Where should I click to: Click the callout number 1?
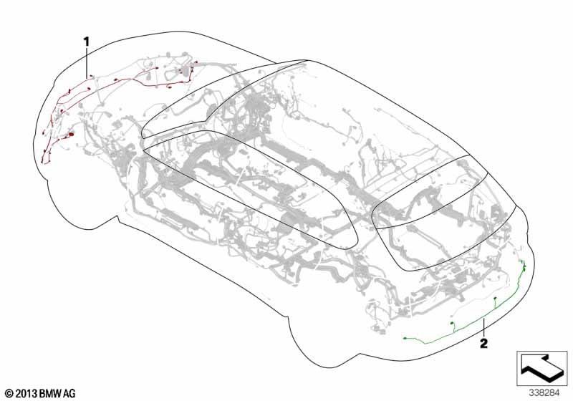pyautogui.click(x=87, y=42)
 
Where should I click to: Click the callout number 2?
pyautogui.click(x=483, y=343)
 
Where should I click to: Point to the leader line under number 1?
pyautogui.click(x=87, y=62)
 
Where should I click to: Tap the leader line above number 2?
pyautogui.click(x=484, y=327)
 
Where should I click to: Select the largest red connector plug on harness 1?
pyautogui.click(x=70, y=135)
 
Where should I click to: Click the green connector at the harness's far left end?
pyautogui.click(x=405, y=339)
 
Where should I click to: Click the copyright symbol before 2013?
pyautogui.click(x=10, y=394)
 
